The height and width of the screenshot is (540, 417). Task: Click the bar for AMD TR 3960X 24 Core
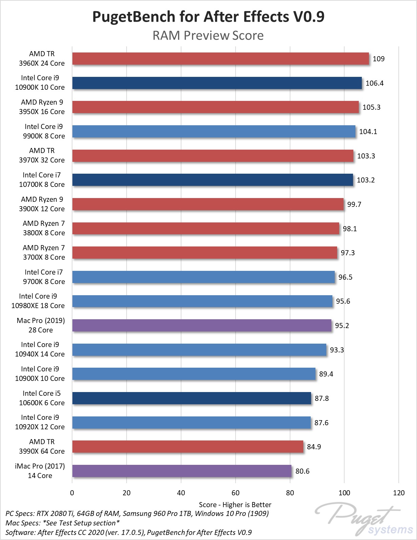(220, 59)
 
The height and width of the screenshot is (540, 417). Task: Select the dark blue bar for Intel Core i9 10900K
(217, 83)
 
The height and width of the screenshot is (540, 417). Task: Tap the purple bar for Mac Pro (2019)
(202, 325)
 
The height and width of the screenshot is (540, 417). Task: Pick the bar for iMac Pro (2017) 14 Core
(182, 471)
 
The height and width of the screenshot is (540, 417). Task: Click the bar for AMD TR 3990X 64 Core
(188, 447)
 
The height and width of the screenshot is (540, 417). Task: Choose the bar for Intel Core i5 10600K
(192, 398)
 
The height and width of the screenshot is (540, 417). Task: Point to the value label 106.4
(374, 83)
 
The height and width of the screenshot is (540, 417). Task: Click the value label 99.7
(354, 204)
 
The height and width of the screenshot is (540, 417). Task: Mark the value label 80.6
(302, 471)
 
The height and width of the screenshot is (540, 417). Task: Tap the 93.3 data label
(337, 350)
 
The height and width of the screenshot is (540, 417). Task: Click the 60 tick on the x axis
(236, 493)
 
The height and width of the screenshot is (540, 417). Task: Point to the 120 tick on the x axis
(399, 493)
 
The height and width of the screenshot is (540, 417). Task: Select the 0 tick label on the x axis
(72, 493)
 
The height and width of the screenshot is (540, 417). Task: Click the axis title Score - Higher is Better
(235, 504)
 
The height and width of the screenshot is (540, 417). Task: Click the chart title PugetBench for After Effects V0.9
(208, 17)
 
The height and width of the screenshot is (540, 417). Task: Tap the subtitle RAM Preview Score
(208, 35)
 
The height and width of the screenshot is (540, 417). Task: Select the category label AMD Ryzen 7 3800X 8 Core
(44, 228)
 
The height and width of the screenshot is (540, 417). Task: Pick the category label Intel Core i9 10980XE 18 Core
(38, 301)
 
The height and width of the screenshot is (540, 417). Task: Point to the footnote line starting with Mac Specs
(63, 523)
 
